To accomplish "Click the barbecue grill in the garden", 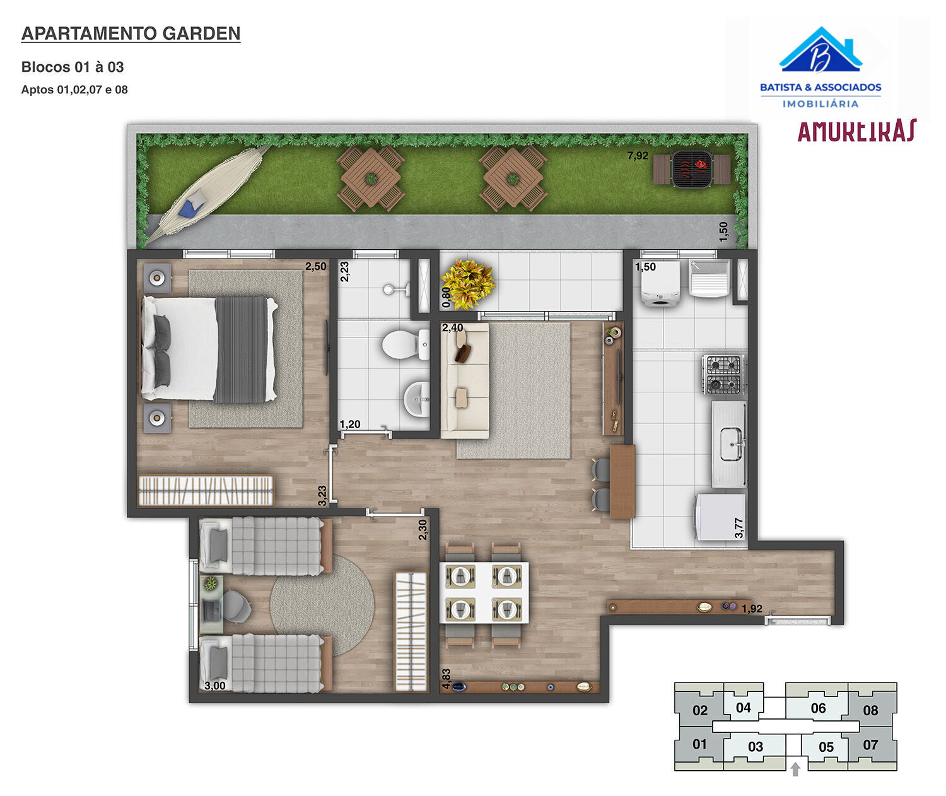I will tap(692, 169).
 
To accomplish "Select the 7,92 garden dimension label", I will tap(638, 156).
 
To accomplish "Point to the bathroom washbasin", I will tap(416, 397).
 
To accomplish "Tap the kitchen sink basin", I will tap(732, 442).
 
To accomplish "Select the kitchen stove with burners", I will tap(723, 374).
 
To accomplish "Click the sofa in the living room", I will tap(464, 381).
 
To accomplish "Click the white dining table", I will tap(484, 592).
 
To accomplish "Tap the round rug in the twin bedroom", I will tap(322, 605).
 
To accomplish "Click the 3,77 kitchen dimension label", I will tap(739, 527).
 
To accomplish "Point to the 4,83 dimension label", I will tap(446, 679).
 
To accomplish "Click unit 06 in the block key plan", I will tap(818, 708).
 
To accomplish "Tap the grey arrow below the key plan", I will tap(795, 769).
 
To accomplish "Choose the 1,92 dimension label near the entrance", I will tap(752, 609).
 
